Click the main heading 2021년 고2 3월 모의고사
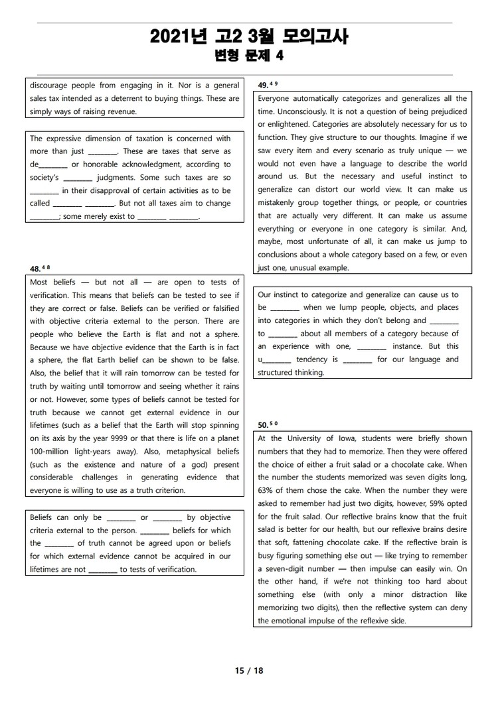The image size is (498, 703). pyautogui.click(x=249, y=37)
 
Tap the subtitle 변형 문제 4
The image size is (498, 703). pyautogui.click(x=249, y=56)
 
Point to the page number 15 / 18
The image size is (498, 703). pyautogui.click(x=249, y=671)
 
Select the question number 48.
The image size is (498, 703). pyautogui.click(x=36, y=268)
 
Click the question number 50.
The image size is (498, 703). pyautogui.click(x=263, y=424)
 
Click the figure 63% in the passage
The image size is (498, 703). pyautogui.click(x=267, y=491)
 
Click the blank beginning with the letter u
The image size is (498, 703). pyautogui.click(x=274, y=360)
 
